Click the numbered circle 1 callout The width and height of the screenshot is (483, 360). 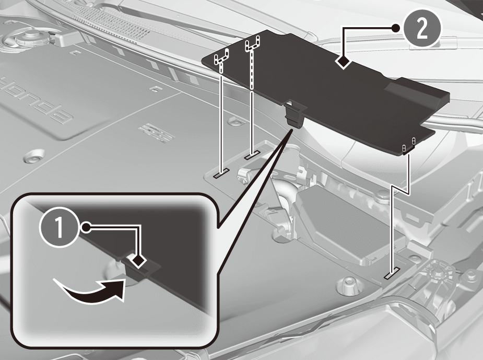(x=58, y=228)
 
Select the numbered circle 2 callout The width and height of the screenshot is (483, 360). (x=422, y=29)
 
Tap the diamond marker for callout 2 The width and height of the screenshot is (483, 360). (x=344, y=62)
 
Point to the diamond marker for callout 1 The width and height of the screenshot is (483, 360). (x=139, y=260)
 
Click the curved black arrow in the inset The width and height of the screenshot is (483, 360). (x=92, y=290)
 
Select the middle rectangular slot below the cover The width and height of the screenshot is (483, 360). (x=252, y=155)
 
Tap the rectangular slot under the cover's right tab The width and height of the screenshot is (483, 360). (x=392, y=273)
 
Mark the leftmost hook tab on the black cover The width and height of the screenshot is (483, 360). (x=221, y=57)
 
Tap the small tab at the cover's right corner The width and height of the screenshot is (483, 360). (x=409, y=145)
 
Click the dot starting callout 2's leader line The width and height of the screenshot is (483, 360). (x=396, y=28)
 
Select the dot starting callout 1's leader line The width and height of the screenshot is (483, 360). (x=87, y=228)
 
